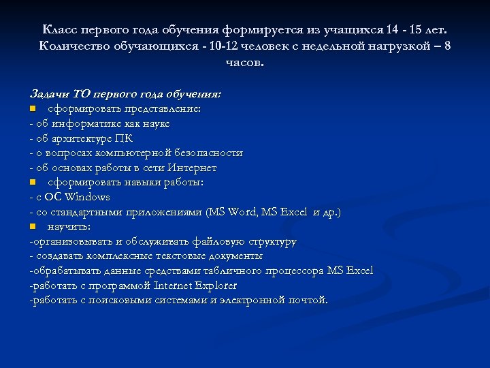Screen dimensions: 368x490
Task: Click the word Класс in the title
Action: click(x=59, y=31)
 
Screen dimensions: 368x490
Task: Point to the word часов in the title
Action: click(x=244, y=62)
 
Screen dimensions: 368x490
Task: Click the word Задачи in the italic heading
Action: click(x=46, y=93)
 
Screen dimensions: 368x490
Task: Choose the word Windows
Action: click(x=87, y=197)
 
